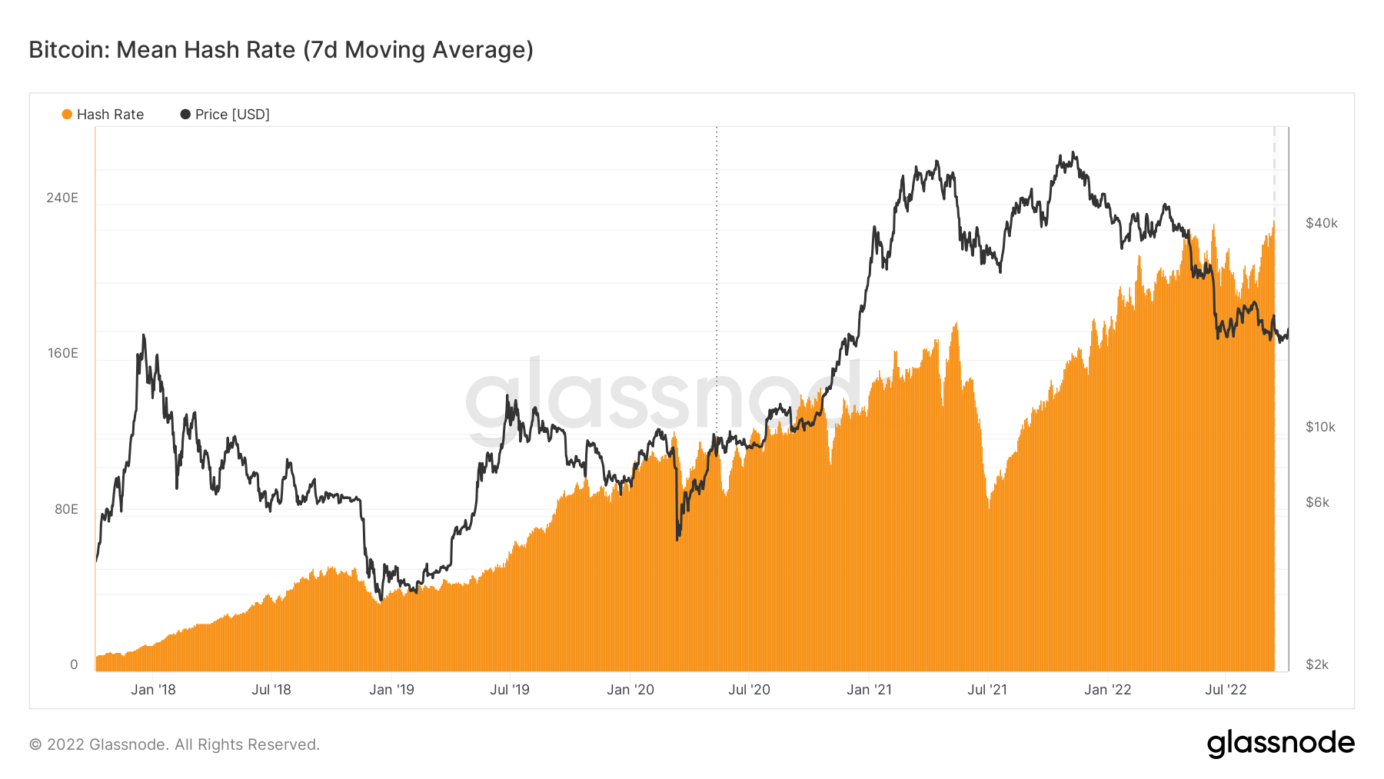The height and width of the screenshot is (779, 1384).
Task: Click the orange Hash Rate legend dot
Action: click(x=67, y=115)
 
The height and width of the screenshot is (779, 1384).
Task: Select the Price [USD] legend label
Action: click(x=232, y=115)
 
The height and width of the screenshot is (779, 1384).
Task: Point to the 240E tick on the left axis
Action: click(x=62, y=198)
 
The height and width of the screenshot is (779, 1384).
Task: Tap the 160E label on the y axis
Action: click(x=62, y=353)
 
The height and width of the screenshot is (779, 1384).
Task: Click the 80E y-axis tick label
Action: click(x=66, y=509)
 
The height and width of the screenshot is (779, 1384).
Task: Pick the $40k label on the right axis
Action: click(x=1321, y=223)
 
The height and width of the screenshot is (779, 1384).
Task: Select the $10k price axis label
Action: click(x=1320, y=427)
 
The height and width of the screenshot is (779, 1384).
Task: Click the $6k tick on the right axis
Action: click(x=1317, y=502)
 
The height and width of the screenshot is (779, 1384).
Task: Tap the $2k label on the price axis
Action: click(x=1317, y=664)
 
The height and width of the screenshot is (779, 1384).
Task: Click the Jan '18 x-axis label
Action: click(x=153, y=690)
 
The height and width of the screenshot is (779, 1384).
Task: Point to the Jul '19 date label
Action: click(x=510, y=690)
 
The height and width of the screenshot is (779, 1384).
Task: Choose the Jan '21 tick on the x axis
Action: click(x=869, y=690)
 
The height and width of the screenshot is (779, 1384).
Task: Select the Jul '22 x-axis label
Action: click(x=1226, y=690)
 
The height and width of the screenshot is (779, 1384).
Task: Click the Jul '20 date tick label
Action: click(x=749, y=690)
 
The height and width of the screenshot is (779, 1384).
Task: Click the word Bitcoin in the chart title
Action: click(x=68, y=50)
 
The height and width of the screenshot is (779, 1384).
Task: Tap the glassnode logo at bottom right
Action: click(x=1280, y=743)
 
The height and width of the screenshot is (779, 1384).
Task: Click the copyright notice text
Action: click(x=175, y=744)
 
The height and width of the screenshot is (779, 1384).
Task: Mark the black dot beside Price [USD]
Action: click(x=185, y=115)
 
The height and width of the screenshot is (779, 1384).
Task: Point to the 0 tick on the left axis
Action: click(x=74, y=664)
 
